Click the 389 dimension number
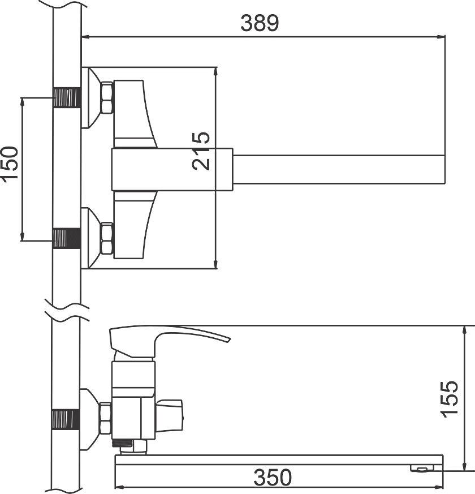tap(260, 23)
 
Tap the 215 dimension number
tap(201, 151)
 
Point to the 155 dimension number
tap(450, 400)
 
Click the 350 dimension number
tap(273, 477)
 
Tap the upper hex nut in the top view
tap(107, 97)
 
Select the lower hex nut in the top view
tap(107, 238)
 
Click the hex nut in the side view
tap(105, 419)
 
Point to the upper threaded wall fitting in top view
tap(67, 97)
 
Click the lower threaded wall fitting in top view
tap(67, 238)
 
